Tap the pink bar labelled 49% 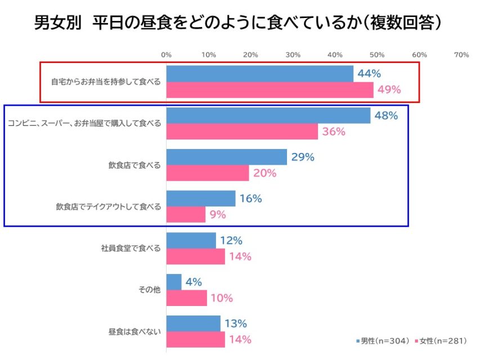pyautogui.click(x=270, y=90)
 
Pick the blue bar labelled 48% pyautogui.click(x=268, y=115)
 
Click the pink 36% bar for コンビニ pyautogui.click(x=243, y=132)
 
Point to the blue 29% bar pyautogui.click(x=227, y=157)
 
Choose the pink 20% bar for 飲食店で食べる pyautogui.click(x=208, y=173)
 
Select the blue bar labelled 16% pyautogui.click(x=201, y=199)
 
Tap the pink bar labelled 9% pyautogui.click(x=186, y=214)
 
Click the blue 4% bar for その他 pyautogui.click(x=174, y=282)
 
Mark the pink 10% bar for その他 pyautogui.click(x=187, y=298)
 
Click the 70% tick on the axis pyautogui.click(x=461, y=55)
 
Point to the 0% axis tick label pyautogui.click(x=167, y=55)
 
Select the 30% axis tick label pyautogui.click(x=293, y=55)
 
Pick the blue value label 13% pyautogui.click(x=235, y=323)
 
